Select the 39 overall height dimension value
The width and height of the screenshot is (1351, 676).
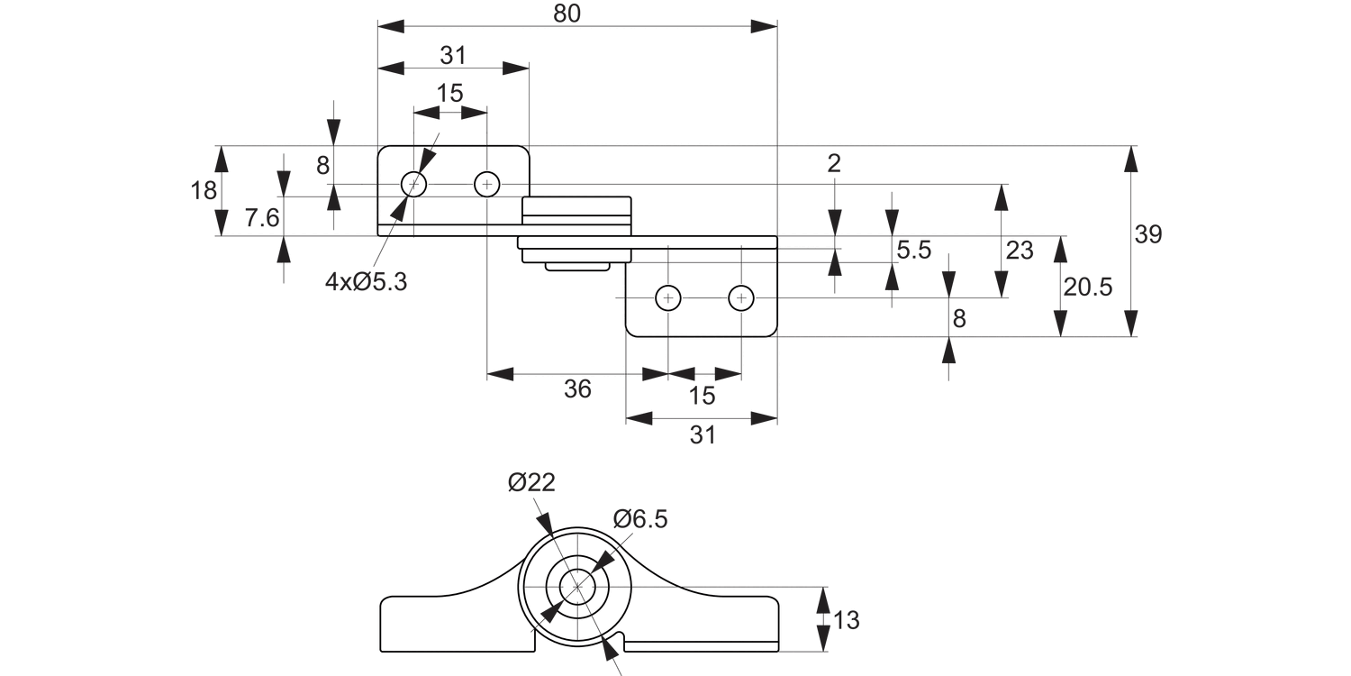coord(1148,235)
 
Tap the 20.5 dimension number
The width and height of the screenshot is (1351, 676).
coord(1088,288)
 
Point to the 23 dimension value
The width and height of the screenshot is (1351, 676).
coord(1020,250)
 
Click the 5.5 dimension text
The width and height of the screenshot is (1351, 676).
coord(913,251)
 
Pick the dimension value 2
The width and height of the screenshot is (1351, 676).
coord(834,163)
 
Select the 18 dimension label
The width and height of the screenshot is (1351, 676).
coord(204,190)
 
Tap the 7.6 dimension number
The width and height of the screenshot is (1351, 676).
coord(262,218)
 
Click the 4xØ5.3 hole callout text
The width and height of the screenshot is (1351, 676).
coord(367,282)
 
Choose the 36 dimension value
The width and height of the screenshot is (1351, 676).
coord(577,389)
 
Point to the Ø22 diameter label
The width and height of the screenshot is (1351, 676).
coord(531,482)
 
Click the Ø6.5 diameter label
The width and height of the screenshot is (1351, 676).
coord(640,519)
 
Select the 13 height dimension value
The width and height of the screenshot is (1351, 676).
coord(847,620)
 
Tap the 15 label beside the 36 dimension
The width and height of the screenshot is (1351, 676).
coord(703,395)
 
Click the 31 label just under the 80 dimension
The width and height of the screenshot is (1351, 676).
coord(453,55)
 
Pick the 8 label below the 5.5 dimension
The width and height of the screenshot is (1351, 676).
coord(959,318)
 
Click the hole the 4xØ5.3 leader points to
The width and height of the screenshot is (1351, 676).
coord(413,184)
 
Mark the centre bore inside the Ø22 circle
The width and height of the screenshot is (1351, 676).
coord(577,588)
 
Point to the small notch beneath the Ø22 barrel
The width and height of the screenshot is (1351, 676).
coord(616,642)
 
